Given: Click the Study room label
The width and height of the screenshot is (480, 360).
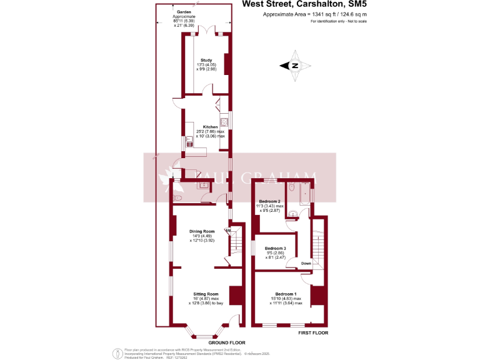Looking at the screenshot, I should [x=206, y=60].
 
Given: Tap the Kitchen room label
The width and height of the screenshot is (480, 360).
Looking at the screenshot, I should [x=210, y=127].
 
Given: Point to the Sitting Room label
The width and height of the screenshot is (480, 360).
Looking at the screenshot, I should [x=205, y=294].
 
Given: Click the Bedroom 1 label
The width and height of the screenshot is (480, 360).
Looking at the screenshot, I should [x=286, y=294].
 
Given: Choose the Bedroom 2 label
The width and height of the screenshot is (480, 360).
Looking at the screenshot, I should [x=269, y=201].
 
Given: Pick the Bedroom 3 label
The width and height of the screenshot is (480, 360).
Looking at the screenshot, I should [x=276, y=248].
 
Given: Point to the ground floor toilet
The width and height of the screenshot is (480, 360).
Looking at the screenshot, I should [x=177, y=198].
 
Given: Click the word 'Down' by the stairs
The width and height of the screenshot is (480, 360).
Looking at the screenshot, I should [x=306, y=263].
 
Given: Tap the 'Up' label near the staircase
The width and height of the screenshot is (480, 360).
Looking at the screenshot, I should [x=228, y=231].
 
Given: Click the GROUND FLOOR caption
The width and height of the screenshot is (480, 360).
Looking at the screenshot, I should [x=226, y=342].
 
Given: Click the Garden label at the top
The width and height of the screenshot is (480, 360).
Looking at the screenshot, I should [x=183, y=12].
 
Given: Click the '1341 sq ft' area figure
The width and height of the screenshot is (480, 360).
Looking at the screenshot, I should [x=321, y=14].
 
